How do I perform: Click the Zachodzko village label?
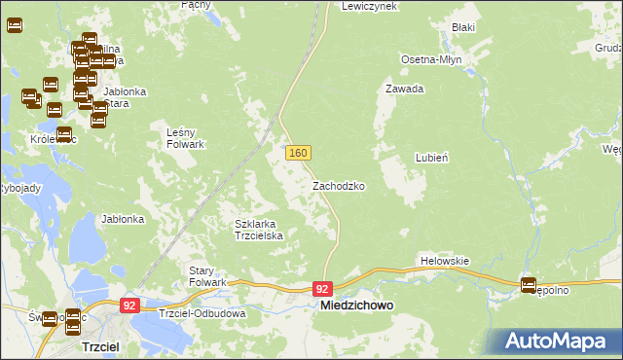(339, 185)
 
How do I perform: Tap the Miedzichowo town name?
(357, 306)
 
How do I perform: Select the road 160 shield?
(298, 154)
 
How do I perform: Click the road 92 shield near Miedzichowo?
(323, 289)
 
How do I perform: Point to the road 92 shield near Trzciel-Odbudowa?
(130, 305)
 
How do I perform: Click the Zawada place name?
(405, 89)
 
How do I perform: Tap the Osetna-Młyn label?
(431, 59)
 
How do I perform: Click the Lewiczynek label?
(370, 6)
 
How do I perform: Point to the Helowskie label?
(445, 261)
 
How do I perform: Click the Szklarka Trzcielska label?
(259, 230)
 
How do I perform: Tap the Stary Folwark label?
(207, 275)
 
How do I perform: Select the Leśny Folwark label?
(185, 138)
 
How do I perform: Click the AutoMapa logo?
(552, 340)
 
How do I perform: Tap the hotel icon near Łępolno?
(529, 286)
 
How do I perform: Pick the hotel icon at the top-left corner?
(15, 25)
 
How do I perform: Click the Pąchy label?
(196, 5)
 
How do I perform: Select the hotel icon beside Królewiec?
(64, 135)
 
